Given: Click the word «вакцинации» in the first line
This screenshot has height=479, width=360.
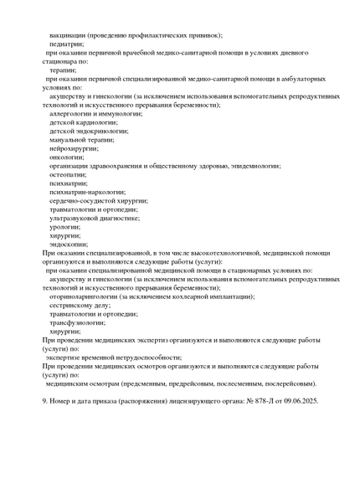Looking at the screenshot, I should (70, 37).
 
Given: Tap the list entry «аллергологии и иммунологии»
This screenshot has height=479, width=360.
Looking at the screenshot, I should (95, 113).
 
